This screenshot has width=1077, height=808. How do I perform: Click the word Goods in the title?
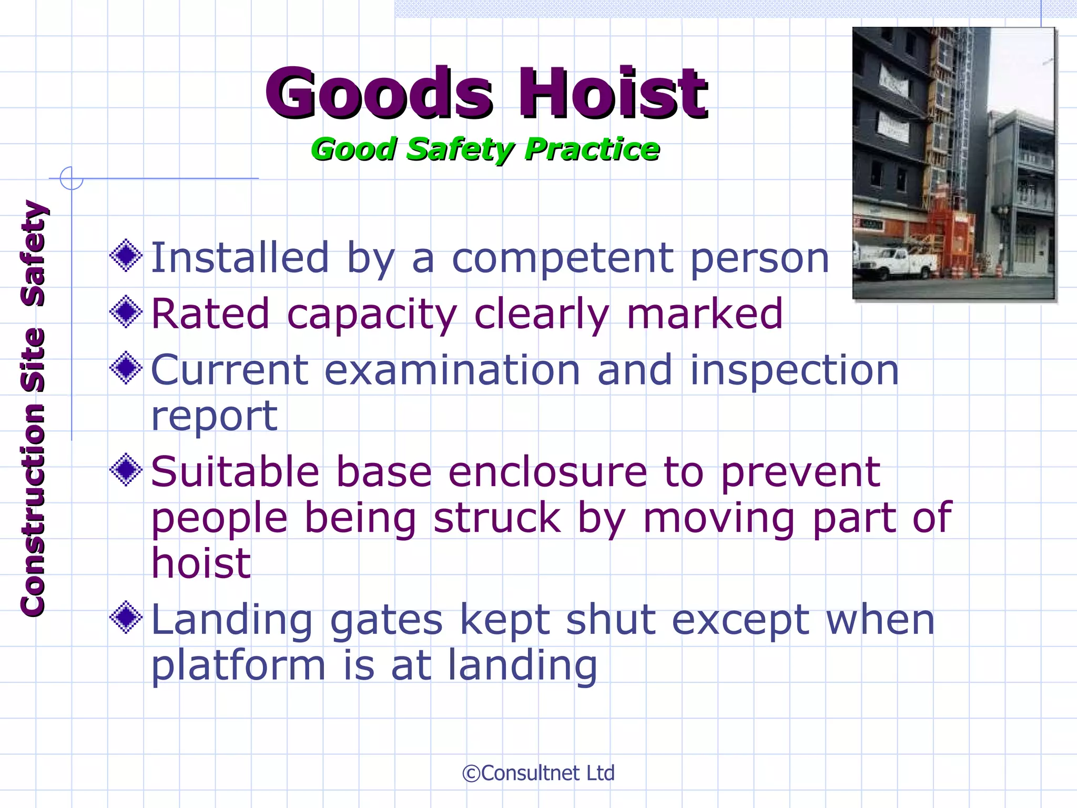coord(379,94)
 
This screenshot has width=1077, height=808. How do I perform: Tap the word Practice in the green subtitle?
coord(592,149)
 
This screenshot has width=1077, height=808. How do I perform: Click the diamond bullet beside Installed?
coord(126,256)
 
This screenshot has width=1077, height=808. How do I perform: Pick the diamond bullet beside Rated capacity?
coord(126,311)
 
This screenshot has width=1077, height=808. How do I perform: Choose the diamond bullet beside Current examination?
coord(126,368)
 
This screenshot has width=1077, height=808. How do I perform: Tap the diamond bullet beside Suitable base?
coord(126,469)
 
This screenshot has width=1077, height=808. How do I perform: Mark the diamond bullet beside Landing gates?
coord(126,618)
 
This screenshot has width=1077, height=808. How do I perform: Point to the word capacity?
coord(372,315)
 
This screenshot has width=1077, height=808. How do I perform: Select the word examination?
coord(452,370)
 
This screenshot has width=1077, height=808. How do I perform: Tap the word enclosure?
coord(547,472)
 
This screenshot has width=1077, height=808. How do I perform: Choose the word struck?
coord(497,518)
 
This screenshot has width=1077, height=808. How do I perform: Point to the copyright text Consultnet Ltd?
coord(538,773)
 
